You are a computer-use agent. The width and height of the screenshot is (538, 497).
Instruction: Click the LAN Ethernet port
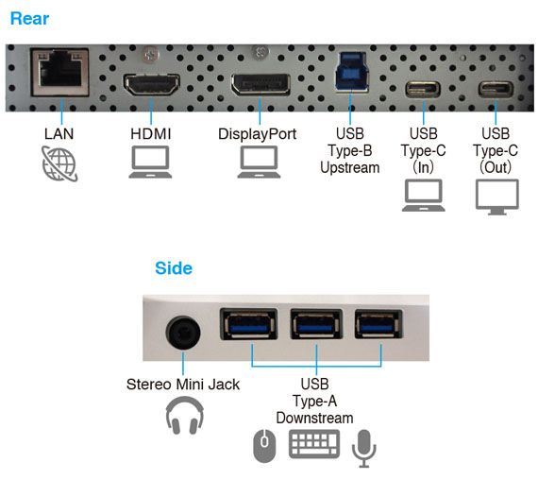60,73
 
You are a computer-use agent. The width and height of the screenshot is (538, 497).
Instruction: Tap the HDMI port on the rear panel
151,84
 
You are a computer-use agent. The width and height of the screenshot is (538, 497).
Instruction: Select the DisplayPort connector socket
261,84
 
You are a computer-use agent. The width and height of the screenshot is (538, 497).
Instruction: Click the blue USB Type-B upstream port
351,72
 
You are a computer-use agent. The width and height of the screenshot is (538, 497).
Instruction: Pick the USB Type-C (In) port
423,90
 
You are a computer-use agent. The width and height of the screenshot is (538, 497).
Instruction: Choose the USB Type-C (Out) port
496,90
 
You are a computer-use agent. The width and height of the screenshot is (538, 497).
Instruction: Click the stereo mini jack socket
183,333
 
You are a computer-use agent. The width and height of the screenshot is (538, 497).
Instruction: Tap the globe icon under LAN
59,163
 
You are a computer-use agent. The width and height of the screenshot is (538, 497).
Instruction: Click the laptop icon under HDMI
150,162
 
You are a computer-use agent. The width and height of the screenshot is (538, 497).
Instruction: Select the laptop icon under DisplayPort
259,162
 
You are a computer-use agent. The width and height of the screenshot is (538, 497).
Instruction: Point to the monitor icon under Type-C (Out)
497,197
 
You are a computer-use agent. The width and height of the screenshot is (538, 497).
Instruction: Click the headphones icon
185,415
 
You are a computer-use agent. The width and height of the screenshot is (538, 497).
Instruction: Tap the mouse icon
264,446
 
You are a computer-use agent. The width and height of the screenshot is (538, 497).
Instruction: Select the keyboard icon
314,444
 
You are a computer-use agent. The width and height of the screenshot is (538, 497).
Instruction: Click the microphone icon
364,448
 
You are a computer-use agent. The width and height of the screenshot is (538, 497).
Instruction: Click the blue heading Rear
29,19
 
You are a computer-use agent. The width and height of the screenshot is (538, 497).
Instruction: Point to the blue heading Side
174,268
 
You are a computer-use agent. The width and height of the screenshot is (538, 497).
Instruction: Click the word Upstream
350,168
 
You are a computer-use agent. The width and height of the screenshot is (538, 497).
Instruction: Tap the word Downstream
314,418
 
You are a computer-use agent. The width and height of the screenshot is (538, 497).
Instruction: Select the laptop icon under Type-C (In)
424,195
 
